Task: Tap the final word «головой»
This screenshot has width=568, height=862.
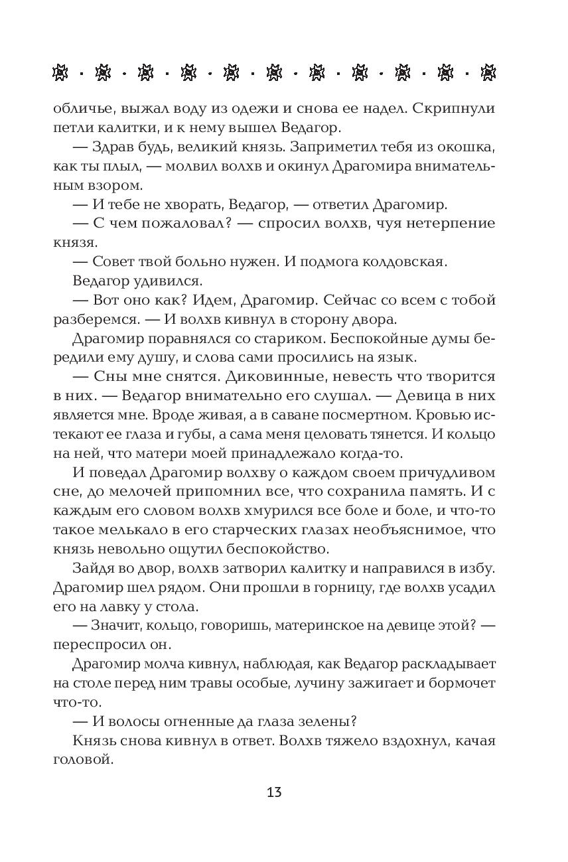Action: click(80, 760)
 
